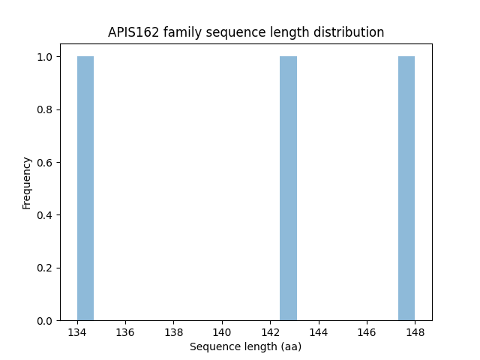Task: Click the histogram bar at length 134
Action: pos(85,188)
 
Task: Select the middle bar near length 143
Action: pos(288,188)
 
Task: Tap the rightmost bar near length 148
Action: pos(406,188)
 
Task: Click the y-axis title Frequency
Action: pos(27,183)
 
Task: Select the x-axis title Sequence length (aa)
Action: pos(245,346)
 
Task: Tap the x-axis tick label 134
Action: pos(77,331)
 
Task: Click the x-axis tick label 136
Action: pos(125,331)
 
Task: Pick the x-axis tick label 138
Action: pos(174,331)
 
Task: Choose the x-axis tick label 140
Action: pos(222,331)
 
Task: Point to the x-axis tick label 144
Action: pos(319,331)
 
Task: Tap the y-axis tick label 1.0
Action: pos(46,57)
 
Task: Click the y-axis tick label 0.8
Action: pos(46,109)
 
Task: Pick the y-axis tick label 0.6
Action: pos(46,163)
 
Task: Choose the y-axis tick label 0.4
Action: pos(46,215)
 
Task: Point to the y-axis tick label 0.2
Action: pos(46,268)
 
